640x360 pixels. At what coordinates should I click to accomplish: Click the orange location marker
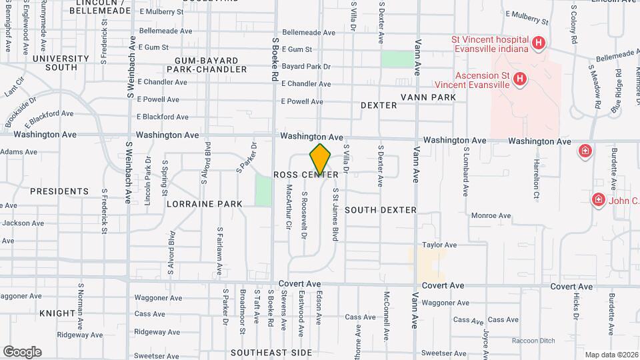click(x=321, y=159)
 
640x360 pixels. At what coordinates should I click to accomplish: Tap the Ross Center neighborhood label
click(x=306, y=175)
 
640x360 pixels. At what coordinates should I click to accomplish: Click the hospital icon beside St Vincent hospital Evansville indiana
click(x=539, y=45)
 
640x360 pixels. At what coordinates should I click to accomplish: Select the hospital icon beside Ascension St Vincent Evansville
click(x=520, y=81)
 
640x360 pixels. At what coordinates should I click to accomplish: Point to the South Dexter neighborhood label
click(x=381, y=210)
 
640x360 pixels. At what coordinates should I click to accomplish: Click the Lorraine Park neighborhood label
click(x=204, y=203)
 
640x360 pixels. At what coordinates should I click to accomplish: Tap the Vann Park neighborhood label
click(x=429, y=97)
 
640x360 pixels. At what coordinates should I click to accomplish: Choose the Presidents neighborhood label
click(x=59, y=191)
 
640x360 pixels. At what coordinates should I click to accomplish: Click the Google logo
click(x=22, y=351)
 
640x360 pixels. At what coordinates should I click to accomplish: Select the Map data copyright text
click(x=611, y=354)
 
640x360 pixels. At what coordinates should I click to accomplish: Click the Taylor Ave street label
click(x=439, y=245)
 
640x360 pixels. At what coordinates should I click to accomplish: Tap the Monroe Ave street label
click(x=491, y=215)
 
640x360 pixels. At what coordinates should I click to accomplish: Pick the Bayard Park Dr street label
click(x=306, y=67)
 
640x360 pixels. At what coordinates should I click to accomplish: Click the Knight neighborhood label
click(x=57, y=313)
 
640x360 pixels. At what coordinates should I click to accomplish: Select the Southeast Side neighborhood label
click(x=271, y=352)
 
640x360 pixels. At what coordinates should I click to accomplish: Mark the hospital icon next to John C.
click(x=598, y=199)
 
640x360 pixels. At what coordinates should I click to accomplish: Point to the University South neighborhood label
click(x=55, y=63)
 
